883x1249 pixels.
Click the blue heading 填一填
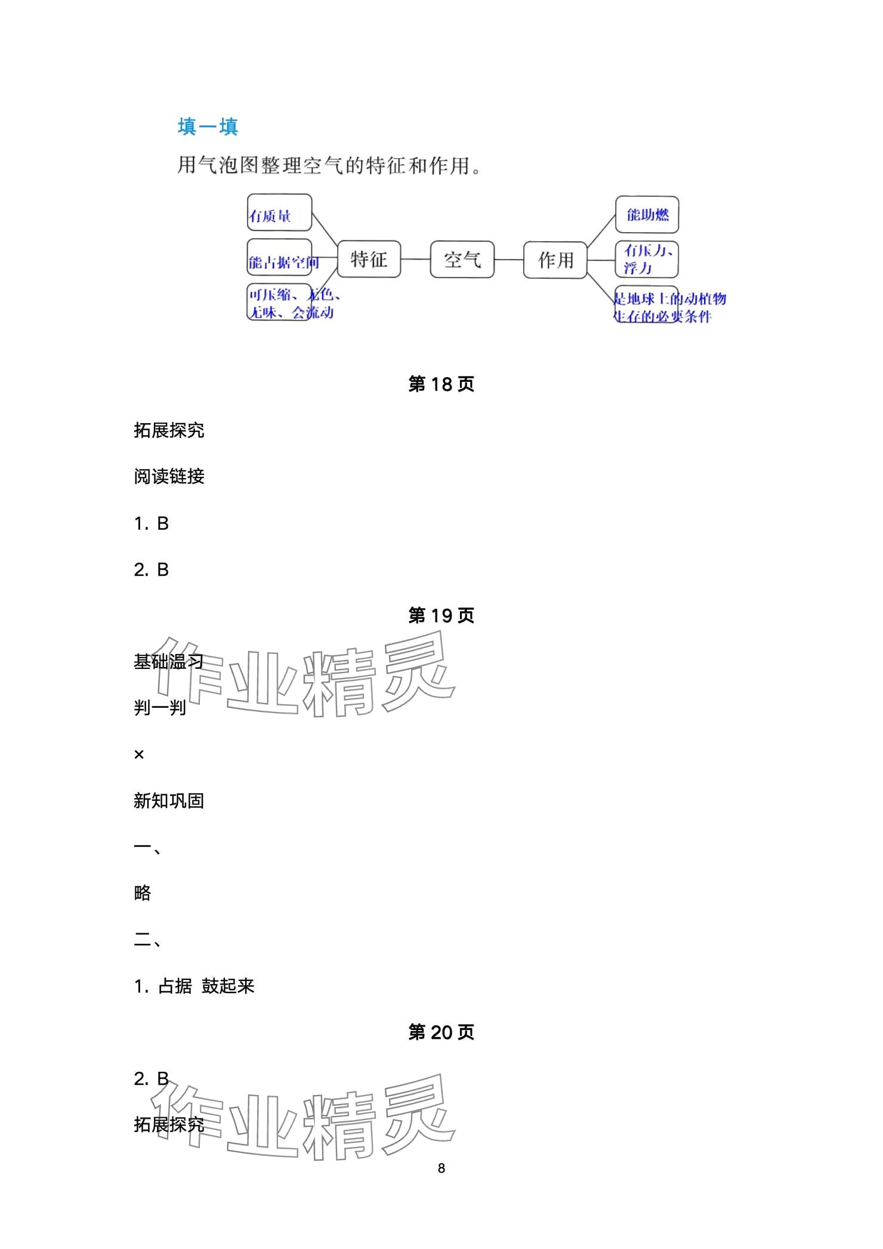point(208,127)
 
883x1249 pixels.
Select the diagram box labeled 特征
point(369,260)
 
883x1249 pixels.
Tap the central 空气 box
point(462,260)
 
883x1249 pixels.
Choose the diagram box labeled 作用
point(555,260)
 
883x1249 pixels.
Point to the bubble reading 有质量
point(279,213)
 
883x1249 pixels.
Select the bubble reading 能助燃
point(647,215)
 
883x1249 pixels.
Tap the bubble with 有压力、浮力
point(647,260)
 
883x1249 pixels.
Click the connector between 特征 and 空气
point(415,260)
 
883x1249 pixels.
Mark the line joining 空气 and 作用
point(509,260)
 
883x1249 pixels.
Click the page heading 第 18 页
point(441,384)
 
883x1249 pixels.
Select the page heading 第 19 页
point(441,615)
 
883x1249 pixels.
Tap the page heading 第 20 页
point(441,1032)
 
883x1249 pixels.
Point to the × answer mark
point(139,755)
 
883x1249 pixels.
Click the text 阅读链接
point(169,476)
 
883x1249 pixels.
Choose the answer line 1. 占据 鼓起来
point(194,986)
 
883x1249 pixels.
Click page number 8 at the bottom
point(441,1168)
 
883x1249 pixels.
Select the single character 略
point(143,893)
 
